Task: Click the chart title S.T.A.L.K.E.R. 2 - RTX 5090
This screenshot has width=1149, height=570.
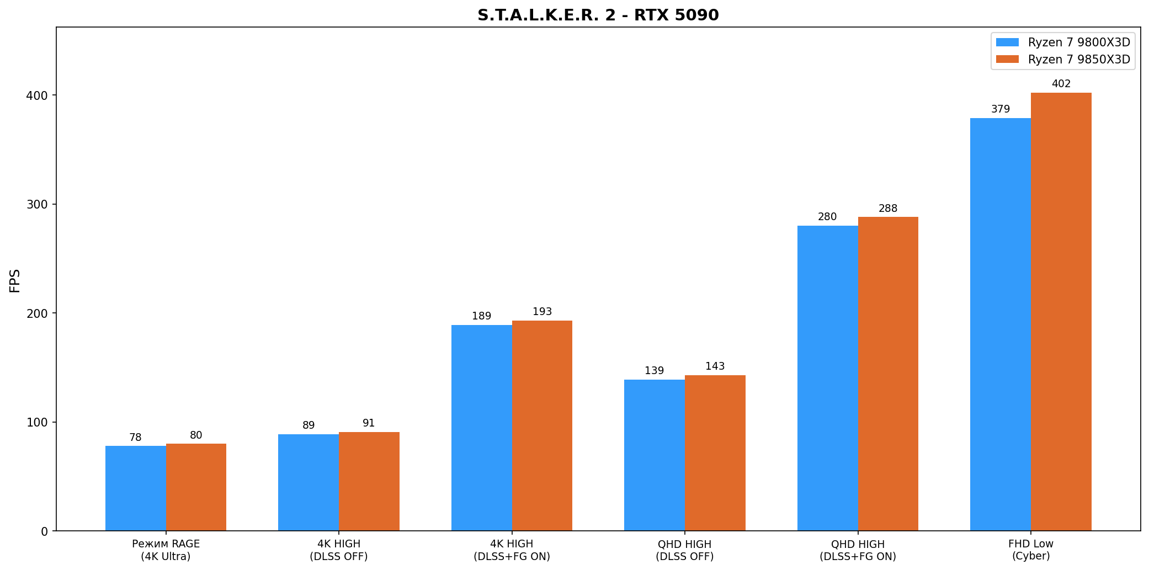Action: (x=598, y=15)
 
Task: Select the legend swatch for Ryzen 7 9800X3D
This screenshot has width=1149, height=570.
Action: (x=1007, y=42)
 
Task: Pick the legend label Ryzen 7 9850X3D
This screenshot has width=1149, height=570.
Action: (x=1079, y=60)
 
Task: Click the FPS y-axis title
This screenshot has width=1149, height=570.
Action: (x=15, y=280)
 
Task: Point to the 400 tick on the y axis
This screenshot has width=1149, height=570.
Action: (x=38, y=95)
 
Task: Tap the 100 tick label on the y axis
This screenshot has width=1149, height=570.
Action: (x=38, y=422)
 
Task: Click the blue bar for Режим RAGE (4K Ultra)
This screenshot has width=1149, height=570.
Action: (x=136, y=488)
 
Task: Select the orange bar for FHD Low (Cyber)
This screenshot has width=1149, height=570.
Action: (x=1061, y=312)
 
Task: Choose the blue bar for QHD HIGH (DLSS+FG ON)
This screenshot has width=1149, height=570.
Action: (x=827, y=378)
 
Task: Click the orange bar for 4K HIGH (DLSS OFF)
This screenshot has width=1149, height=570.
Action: (x=369, y=481)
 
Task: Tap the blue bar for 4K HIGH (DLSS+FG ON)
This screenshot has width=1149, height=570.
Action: (x=481, y=428)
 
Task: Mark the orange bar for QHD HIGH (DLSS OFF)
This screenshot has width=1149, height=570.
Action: (x=715, y=453)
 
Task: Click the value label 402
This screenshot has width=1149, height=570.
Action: (x=1061, y=84)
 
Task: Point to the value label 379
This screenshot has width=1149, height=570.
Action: (x=1000, y=109)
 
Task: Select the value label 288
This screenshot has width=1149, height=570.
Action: (x=888, y=209)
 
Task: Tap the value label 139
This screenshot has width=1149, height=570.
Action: (x=654, y=371)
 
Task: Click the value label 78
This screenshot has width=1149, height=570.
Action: (x=135, y=438)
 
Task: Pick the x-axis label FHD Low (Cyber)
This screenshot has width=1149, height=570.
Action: (x=1030, y=550)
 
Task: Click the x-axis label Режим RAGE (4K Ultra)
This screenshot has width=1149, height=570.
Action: (x=166, y=550)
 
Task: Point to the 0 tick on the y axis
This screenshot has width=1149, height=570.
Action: (x=45, y=531)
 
